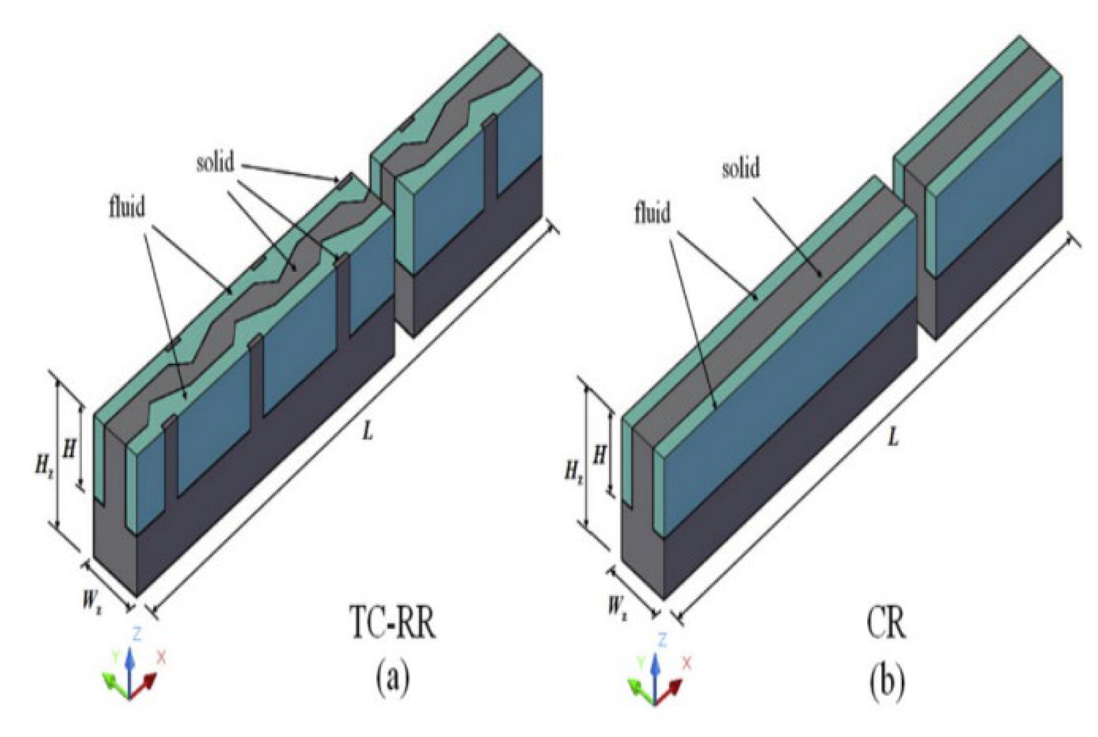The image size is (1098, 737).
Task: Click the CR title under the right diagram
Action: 886,622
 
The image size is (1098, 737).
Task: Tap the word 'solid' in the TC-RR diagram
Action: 215,163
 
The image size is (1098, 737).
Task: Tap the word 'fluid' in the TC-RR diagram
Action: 127,206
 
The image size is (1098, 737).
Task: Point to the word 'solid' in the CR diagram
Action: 741,169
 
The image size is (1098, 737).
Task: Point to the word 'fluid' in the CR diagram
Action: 653,214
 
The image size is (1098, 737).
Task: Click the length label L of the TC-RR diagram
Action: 368,431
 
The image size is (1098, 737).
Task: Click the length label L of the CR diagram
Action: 894,438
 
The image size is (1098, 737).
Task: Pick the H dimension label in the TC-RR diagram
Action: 68,448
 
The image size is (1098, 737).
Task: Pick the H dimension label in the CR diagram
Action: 599,456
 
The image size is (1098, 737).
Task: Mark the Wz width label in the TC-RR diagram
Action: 92,603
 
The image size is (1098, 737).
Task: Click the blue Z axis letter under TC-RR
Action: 137,634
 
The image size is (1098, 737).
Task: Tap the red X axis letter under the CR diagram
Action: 687,663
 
